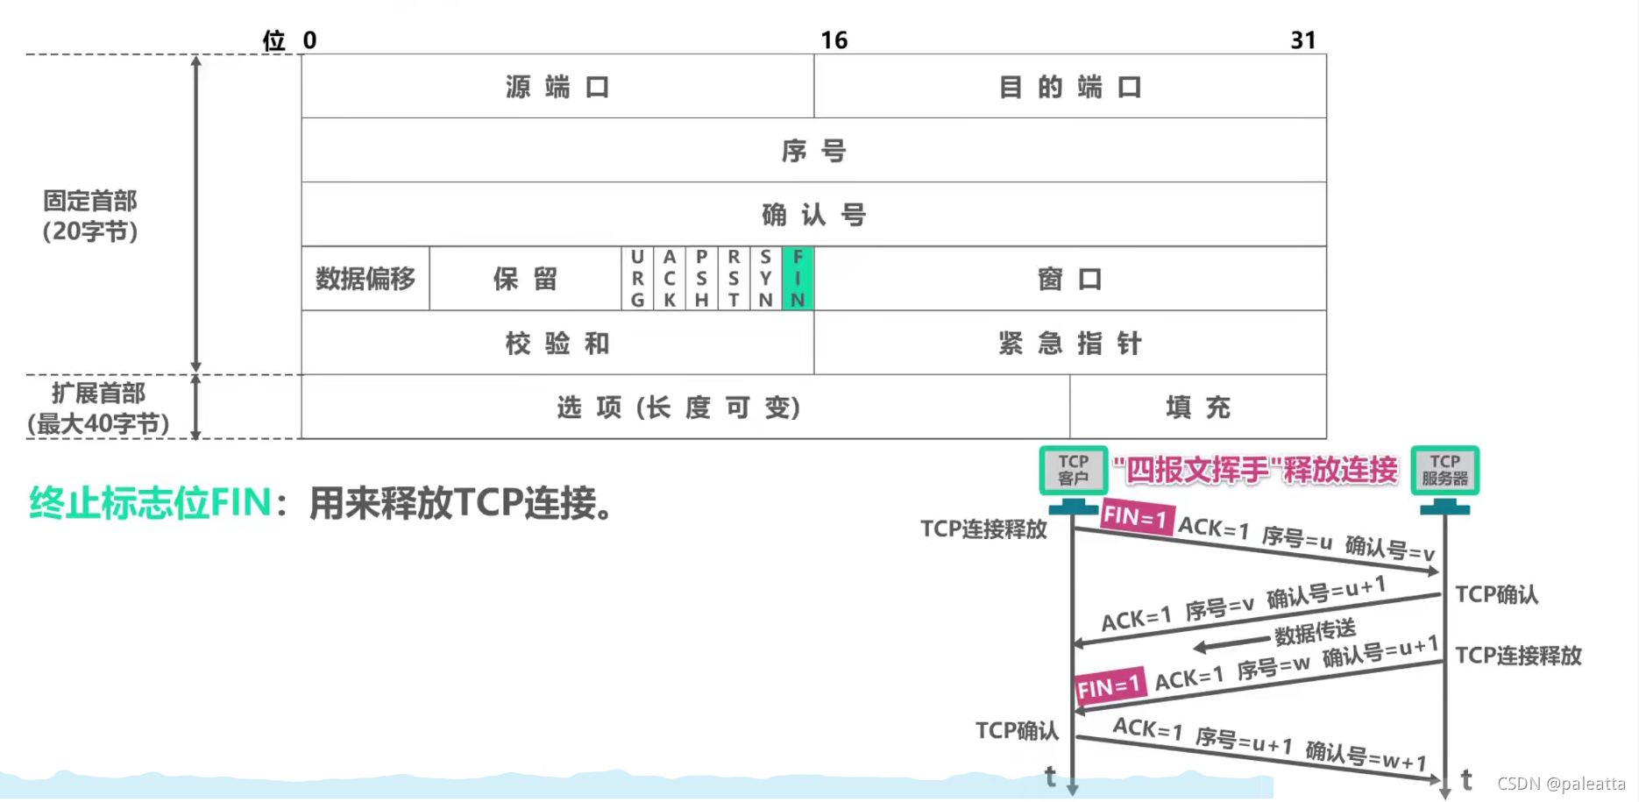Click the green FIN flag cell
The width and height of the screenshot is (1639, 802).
click(798, 279)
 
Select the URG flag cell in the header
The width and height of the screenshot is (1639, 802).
click(637, 279)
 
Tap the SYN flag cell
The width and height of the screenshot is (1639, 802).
click(765, 279)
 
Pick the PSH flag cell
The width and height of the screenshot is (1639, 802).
click(701, 279)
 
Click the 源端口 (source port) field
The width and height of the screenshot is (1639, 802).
click(557, 87)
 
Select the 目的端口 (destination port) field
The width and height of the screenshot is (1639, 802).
click(1070, 87)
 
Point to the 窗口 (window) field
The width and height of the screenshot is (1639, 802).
click(1070, 279)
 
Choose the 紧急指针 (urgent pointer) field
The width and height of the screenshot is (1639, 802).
click(1070, 343)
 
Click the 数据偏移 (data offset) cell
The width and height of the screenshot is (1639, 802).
click(365, 279)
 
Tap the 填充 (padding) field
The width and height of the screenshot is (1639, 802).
click(1198, 407)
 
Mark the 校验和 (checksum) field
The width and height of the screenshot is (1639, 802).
click(557, 343)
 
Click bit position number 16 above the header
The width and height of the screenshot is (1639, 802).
click(834, 40)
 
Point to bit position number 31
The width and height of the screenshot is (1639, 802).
click(1303, 40)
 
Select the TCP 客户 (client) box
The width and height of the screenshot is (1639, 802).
click(1073, 470)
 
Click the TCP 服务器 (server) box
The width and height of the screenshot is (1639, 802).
click(1444, 470)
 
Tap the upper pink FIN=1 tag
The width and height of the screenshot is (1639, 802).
click(1136, 517)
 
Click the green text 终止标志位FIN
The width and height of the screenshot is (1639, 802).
click(150, 503)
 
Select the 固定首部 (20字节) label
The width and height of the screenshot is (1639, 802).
click(90, 216)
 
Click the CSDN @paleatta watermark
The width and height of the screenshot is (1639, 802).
click(1561, 784)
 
